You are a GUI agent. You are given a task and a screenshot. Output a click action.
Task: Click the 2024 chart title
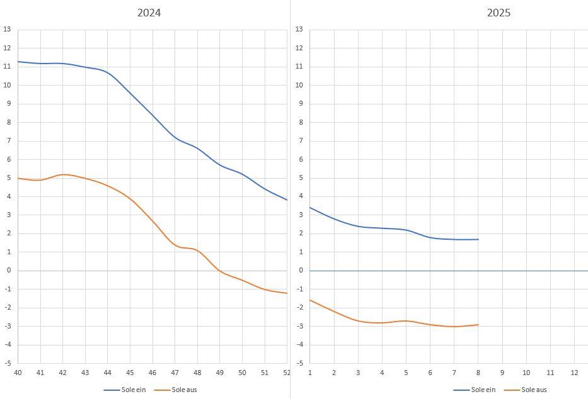(x=149, y=13)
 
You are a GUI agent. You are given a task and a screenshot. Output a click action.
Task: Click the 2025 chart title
(x=499, y=13)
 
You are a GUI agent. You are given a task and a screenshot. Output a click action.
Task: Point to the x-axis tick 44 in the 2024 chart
(x=108, y=373)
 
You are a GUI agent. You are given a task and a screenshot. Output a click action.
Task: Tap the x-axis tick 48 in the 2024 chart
(x=197, y=373)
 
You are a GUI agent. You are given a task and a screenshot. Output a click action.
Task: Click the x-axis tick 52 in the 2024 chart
(x=287, y=373)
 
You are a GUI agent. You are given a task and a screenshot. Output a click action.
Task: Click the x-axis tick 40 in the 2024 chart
(x=18, y=373)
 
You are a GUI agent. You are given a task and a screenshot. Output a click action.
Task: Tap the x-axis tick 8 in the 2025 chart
(x=478, y=373)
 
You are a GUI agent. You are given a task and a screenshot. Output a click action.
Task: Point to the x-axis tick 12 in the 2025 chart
(x=574, y=373)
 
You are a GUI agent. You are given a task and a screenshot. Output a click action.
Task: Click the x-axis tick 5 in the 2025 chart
(x=406, y=373)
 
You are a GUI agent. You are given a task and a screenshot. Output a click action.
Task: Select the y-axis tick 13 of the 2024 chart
(x=7, y=30)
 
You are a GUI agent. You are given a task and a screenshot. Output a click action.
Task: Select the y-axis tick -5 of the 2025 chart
(x=299, y=363)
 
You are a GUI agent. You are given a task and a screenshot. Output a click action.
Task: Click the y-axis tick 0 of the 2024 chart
(x=8, y=271)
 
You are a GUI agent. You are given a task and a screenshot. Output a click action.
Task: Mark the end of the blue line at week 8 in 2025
(x=478, y=239)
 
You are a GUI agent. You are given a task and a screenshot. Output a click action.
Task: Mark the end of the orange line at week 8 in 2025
(x=478, y=325)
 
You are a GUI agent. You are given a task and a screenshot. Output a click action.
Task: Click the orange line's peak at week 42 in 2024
(x=63, y=174)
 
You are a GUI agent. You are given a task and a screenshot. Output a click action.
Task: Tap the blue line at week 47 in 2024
(x=175, y=138)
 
